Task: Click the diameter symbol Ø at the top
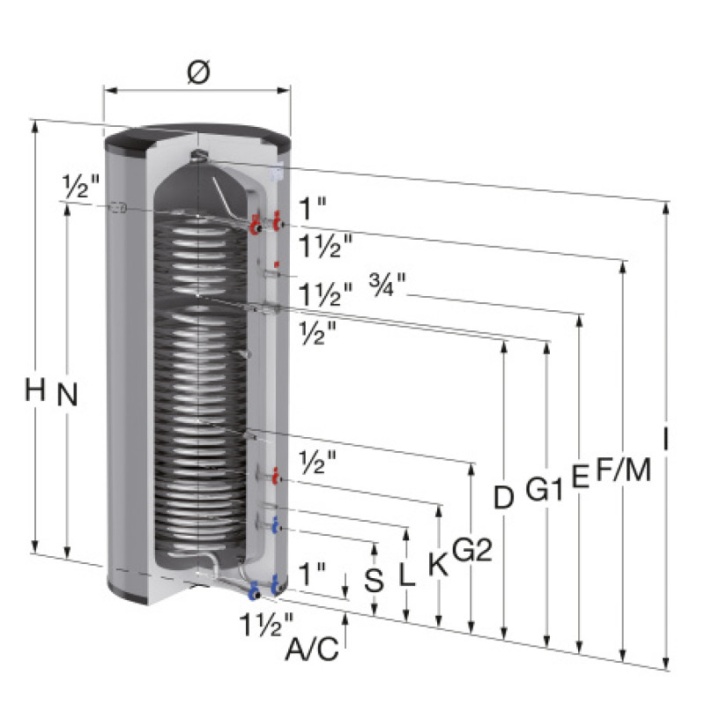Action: (x=198, y=72)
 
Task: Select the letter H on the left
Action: (x=35, y=390)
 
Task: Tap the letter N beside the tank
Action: (x=68, y=394)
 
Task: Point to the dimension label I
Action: (x=666, y=438)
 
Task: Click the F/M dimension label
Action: (x=624, y=469)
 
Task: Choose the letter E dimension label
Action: (x=581, y=475)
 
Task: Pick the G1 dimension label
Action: (x=544, y=489)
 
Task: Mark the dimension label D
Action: (x=503, y=497)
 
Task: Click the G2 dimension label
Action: (x=471, y=549)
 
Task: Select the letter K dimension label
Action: (x=438, y=563)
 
